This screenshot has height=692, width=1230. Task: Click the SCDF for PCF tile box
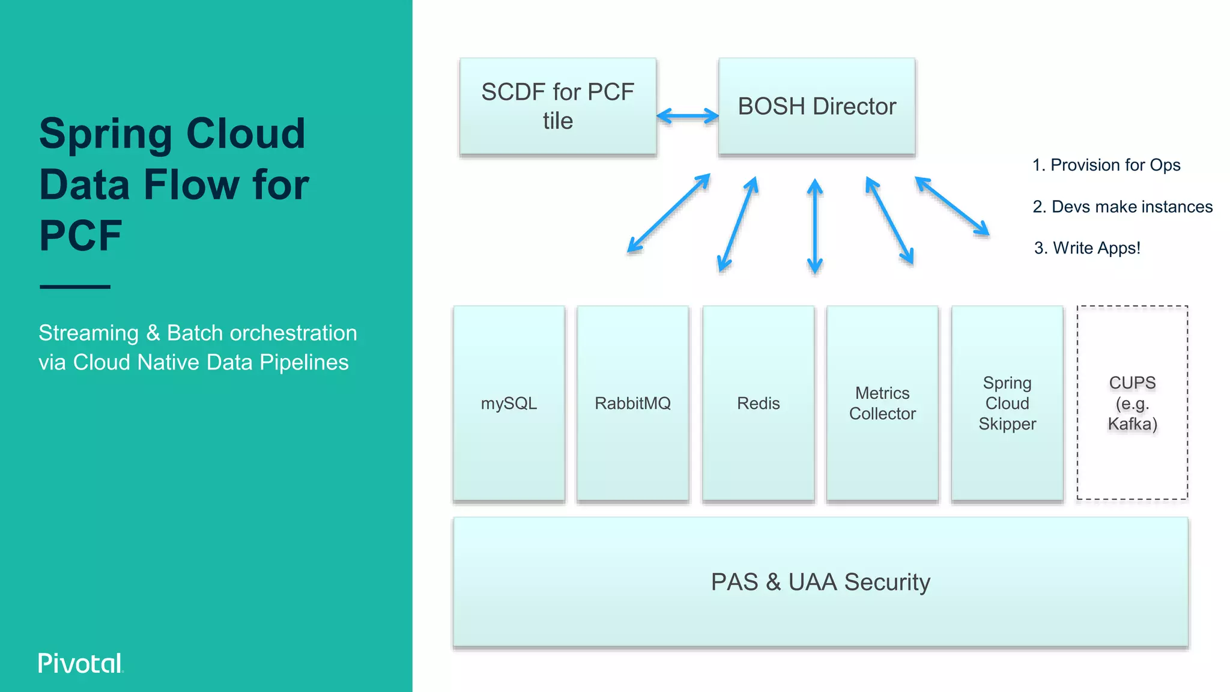click(x=557, y=106)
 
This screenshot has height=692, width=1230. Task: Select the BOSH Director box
click(x=817, y=106)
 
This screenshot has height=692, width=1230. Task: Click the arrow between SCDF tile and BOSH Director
click(x=688, y=116)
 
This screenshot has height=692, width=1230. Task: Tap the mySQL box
click(x=509, y=403)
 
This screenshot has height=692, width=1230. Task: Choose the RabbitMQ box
click(x=632, y=403)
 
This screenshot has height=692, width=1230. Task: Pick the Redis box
click(x=758, y=403)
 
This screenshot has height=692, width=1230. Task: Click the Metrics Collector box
click(x=882, y=403)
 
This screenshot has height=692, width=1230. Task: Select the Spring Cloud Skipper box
click(x=1007, y=403)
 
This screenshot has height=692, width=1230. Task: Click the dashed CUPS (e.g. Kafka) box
click(x=1132, y=403)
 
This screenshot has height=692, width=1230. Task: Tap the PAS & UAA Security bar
click(x=820, y=582)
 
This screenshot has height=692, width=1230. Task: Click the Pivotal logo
click(x=80, y=663)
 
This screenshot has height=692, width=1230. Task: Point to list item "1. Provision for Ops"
click(x=1106, y=165)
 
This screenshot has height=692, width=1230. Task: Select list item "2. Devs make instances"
click(x=1122, y=207)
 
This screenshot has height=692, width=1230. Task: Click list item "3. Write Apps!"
click(x=1086, y=248)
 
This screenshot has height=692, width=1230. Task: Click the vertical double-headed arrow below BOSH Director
click(x=814, y=226)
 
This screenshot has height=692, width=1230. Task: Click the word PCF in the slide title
click(x=80, y=235)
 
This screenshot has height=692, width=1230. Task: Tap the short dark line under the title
click(x=75, y=287)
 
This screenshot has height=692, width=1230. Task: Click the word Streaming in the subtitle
click(x=88, y=333)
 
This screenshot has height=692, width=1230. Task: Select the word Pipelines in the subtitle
click(x=304, y=362)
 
